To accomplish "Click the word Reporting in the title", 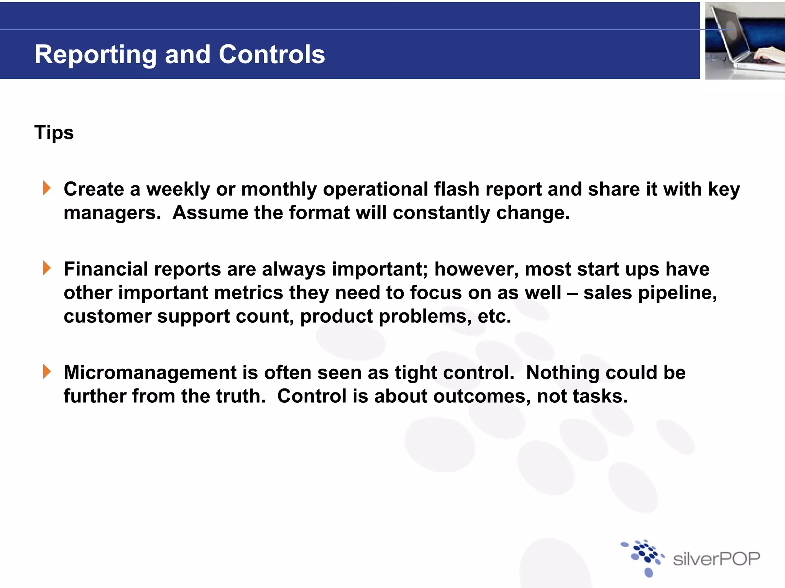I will coord(95,55).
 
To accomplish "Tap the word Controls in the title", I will coord(272,54).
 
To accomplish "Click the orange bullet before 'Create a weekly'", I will coord(47,188).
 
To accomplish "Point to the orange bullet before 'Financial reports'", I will coord(47,268).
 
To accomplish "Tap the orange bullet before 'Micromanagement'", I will coord(47,372).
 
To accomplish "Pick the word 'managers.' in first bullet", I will coord(112,213).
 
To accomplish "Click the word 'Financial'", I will coord(106,269).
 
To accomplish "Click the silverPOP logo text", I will coord(716,559).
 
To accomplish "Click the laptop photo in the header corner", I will coord(744,41).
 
